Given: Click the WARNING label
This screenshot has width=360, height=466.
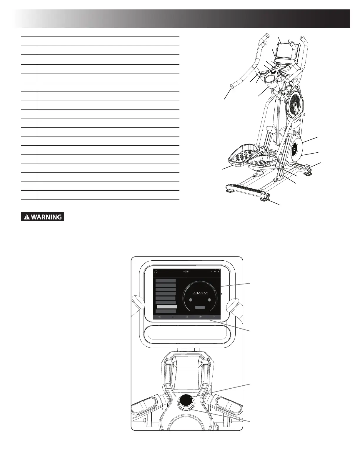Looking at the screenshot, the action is click(43, 217).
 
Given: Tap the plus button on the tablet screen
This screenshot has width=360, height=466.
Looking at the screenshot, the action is click(209, 300).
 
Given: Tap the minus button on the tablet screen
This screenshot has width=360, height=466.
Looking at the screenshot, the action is click(191, 300).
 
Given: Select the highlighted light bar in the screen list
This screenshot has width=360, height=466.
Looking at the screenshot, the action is click(167, 307).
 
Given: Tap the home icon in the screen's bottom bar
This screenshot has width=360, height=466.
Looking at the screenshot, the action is click(187, 317).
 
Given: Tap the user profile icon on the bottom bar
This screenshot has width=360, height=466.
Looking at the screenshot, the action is click(214, 317).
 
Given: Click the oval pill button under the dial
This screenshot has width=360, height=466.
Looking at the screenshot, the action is click(200, 308).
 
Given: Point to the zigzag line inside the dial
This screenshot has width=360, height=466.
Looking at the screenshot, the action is click(200, 293).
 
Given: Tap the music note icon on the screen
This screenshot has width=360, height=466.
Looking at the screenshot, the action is click(212, 272).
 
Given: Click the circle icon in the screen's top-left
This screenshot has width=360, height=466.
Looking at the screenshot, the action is click(156, 272).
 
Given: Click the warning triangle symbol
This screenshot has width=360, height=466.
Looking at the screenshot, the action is click(27, 217).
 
